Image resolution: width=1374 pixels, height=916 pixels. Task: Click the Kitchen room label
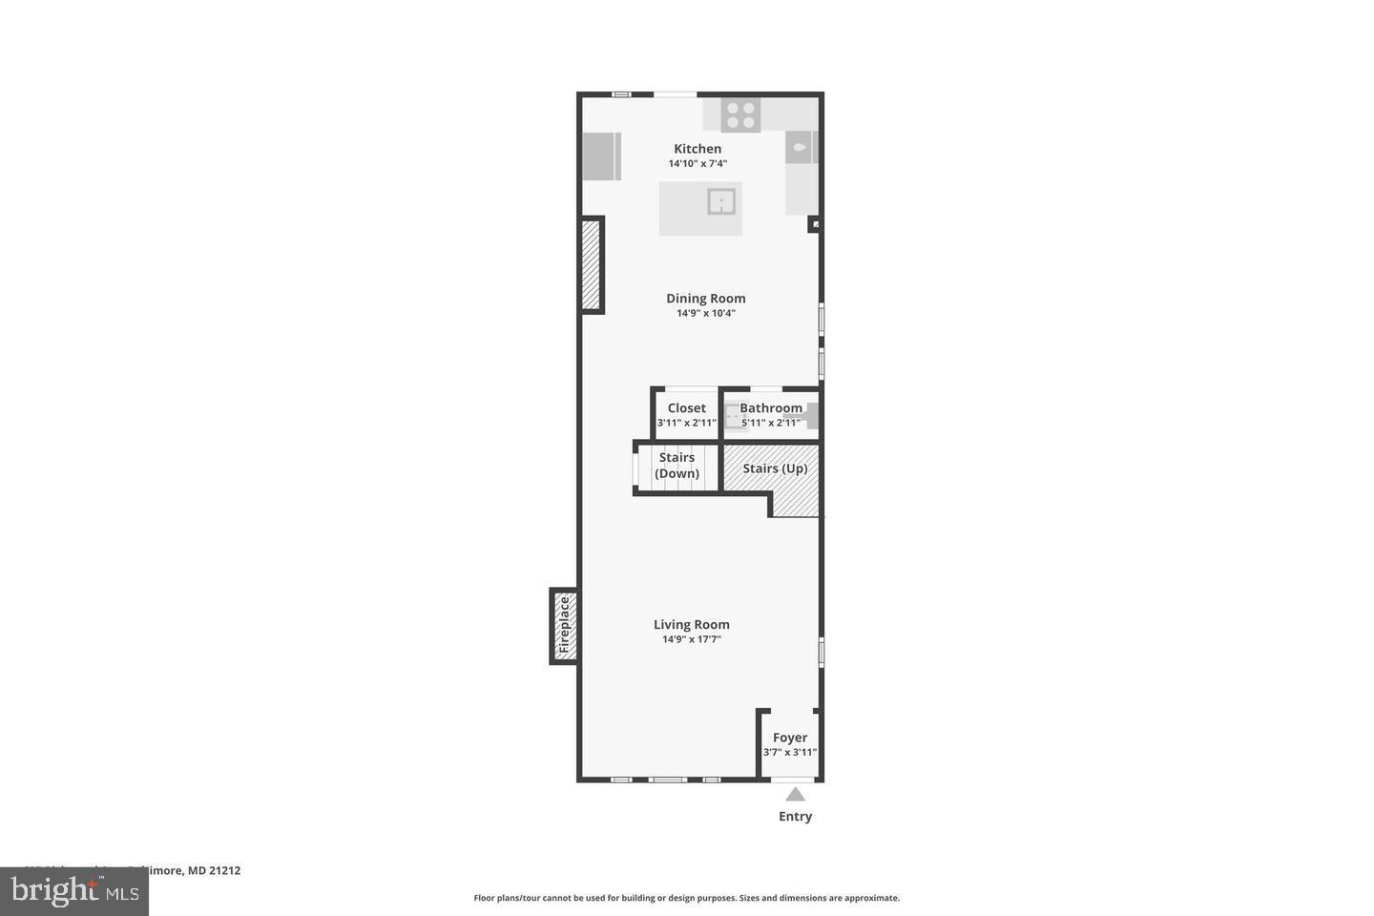point(697,149)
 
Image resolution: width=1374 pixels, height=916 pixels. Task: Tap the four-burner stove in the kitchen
point(740,115)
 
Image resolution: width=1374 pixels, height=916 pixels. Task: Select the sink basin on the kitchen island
point(721,201)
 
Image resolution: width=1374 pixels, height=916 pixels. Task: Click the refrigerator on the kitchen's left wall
point(601,156)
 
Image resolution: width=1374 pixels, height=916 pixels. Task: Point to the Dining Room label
point(705,299)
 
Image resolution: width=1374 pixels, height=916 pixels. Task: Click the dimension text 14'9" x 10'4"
point(705,313)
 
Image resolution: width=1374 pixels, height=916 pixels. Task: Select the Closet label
point(686,408)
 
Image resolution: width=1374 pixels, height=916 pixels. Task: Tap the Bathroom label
point(770,408)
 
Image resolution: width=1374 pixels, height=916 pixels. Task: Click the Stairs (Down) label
point(677,466)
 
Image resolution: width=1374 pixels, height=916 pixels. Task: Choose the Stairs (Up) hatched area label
point(775,468)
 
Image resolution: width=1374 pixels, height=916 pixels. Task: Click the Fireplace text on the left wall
point(564,625)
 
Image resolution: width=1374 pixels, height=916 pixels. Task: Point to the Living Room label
point(691,625)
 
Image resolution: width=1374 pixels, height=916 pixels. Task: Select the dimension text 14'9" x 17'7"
point(691,639)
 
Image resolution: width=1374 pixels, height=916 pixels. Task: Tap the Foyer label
point(789,738)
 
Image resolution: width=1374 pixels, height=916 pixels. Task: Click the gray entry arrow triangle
point(795,794)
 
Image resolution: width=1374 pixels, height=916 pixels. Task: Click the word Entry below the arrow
point(795,817)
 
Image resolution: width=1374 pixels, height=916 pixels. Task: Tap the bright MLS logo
point(73,891)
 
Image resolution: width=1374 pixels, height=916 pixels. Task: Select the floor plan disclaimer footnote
point(686,898)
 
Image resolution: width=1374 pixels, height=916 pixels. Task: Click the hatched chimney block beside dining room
point(591,265)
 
